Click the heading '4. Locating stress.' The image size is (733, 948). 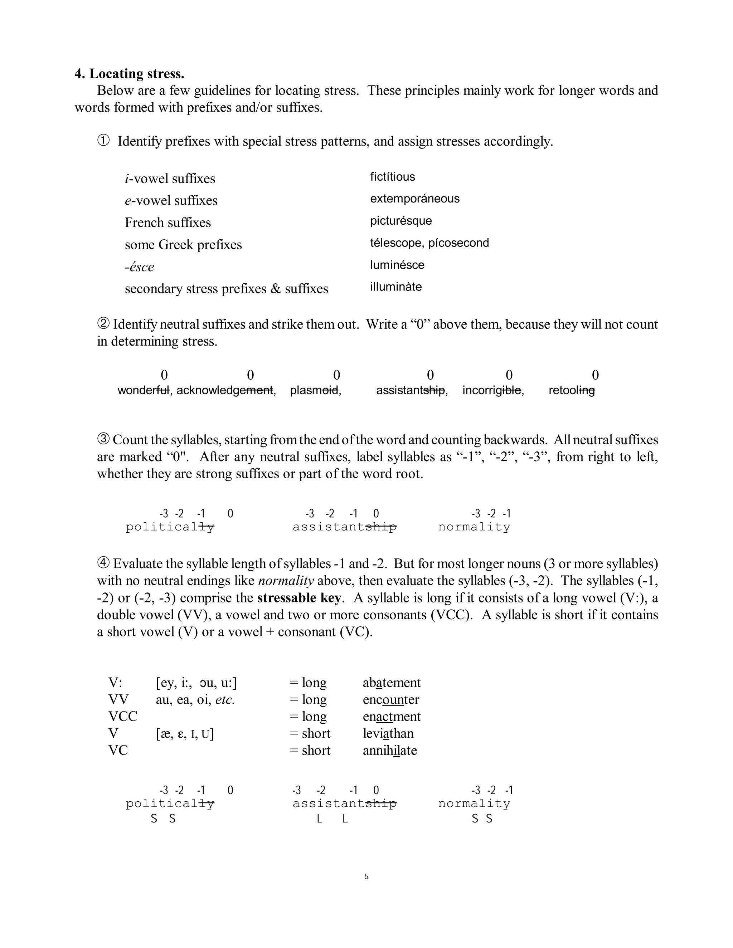(130, 74)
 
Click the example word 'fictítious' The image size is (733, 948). (392, 177)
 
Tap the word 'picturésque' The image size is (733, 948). (401, 221)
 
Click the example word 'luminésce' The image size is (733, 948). (397, 265)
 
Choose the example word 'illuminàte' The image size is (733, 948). (395, 287)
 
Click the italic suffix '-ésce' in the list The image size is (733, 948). (139, 267)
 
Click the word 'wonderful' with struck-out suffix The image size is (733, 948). (143, 390)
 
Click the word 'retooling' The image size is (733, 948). (572, 390)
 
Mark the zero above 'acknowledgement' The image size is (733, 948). (250, 375)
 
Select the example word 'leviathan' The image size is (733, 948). (388, 734)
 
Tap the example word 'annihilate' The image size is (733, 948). (389, 751)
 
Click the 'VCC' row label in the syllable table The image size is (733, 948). (122, 717)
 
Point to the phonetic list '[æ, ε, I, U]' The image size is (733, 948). (185, 734)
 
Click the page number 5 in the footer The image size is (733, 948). (366, 876)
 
